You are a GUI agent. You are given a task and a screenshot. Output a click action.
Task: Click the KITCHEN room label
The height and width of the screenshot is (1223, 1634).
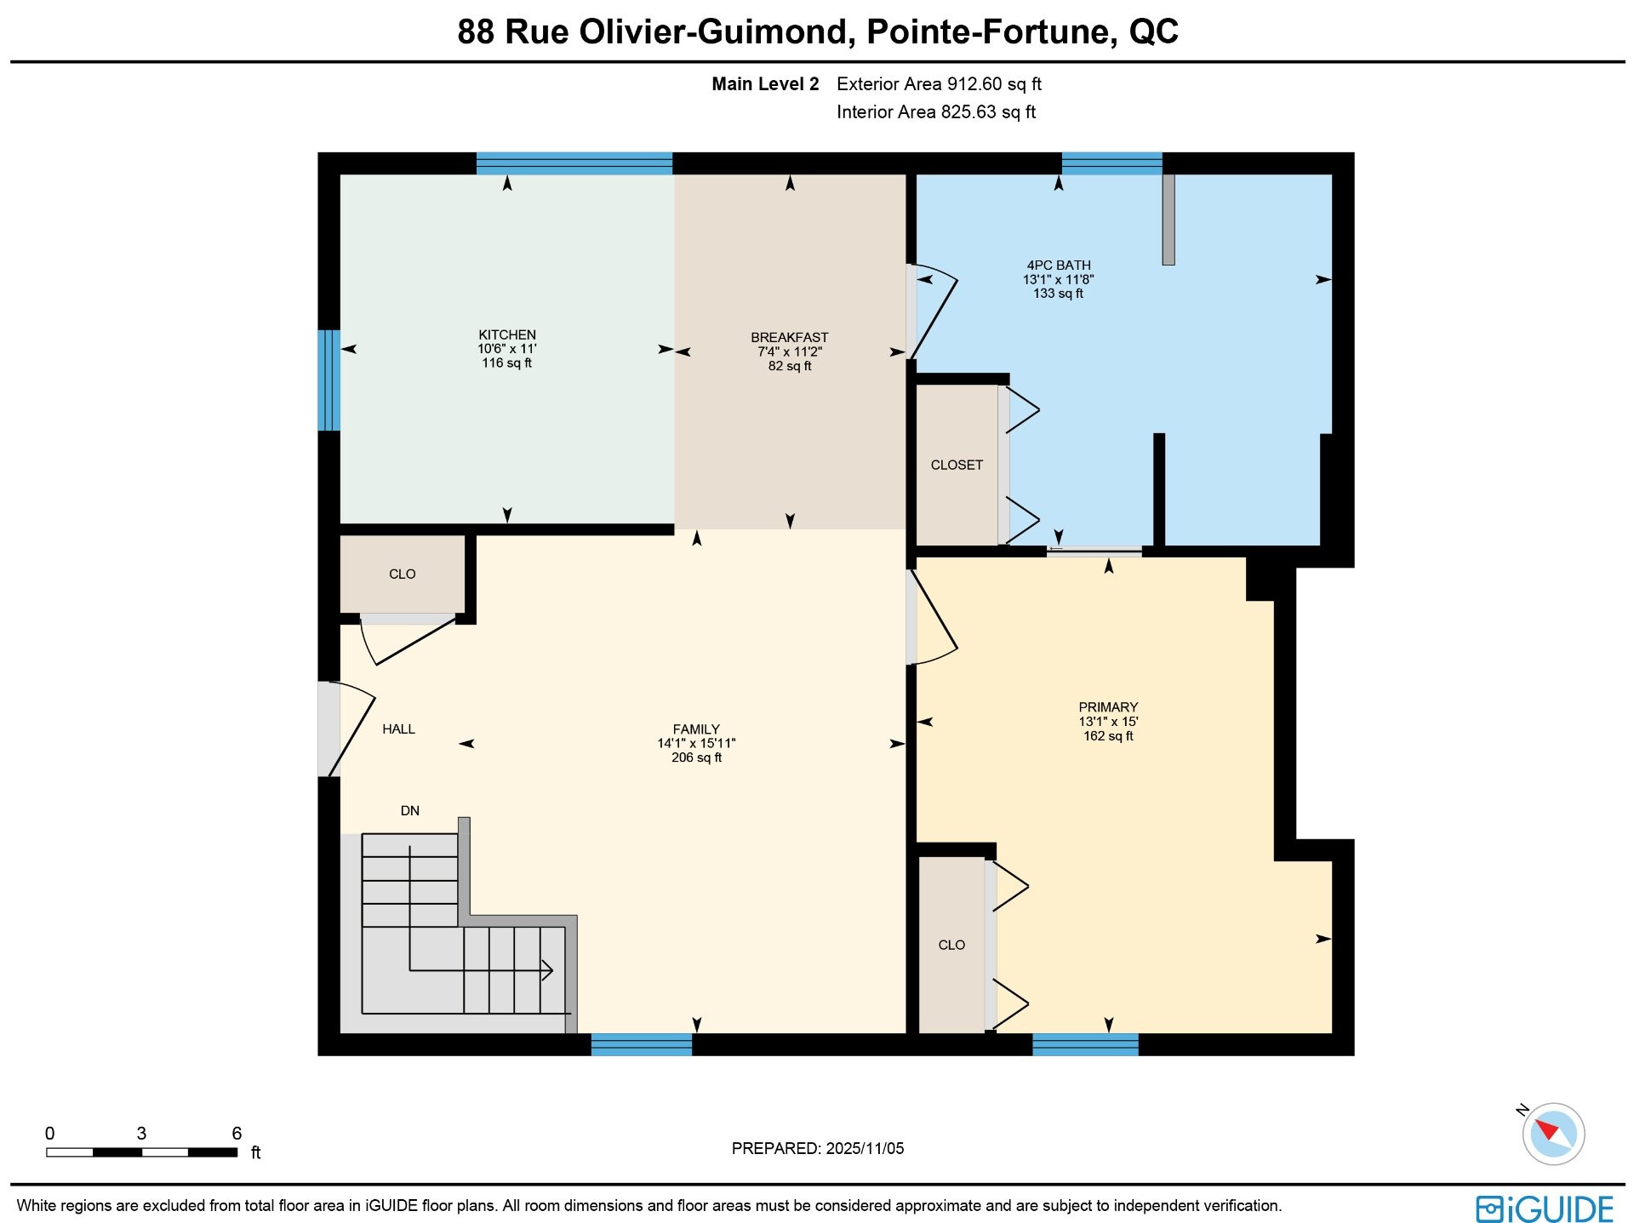(x=507, y=334)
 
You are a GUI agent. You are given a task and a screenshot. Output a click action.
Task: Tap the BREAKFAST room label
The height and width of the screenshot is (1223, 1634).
(x=789, y=337)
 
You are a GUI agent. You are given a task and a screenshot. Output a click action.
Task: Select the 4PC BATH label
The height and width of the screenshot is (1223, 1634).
(x=1059, y=266)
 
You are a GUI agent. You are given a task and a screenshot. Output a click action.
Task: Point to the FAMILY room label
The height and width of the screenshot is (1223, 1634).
(x=696, y=729)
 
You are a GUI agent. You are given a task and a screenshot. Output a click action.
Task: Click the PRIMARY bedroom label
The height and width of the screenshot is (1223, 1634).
(x=1108, y=707)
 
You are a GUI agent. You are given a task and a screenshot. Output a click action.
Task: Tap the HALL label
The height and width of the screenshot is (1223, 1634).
(x=398, y=729)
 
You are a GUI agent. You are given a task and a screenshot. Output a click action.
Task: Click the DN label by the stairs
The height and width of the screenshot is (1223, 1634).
(x=410, y=811)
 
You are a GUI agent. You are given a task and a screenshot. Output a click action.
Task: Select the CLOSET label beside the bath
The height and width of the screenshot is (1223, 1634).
(x=957, y=465)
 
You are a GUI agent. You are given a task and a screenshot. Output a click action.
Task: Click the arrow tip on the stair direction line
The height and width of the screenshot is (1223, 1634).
(x=551, y=969)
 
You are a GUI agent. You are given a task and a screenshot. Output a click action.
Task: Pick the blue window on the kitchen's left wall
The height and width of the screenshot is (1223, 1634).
(x=329, y=380)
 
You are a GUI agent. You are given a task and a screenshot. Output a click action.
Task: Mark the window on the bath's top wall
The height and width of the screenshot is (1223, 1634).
(x=1111, y=163)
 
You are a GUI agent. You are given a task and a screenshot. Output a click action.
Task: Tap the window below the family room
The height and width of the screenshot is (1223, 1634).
(x=642, y=1044)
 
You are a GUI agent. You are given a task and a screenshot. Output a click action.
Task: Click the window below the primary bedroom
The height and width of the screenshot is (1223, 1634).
(x=1085, y=1044)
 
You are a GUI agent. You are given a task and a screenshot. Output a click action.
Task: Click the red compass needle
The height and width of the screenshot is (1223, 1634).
(x=1546, y=1129)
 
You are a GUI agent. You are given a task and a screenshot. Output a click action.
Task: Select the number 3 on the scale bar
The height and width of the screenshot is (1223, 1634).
(x=141, y=1134)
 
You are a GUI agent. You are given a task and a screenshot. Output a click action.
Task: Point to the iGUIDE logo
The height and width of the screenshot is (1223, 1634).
(x=1545, y=1209)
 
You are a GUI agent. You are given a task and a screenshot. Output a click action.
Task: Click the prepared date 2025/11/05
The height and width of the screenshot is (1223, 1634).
(x=864, y=1148)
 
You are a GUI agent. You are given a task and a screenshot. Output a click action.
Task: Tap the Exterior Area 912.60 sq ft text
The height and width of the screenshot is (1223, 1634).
(x=939, y=84)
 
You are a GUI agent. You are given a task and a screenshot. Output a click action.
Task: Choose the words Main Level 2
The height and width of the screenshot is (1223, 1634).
(x=765, y=84)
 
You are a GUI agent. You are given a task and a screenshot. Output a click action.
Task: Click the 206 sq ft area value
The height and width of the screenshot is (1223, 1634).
(x=696, y=757)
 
